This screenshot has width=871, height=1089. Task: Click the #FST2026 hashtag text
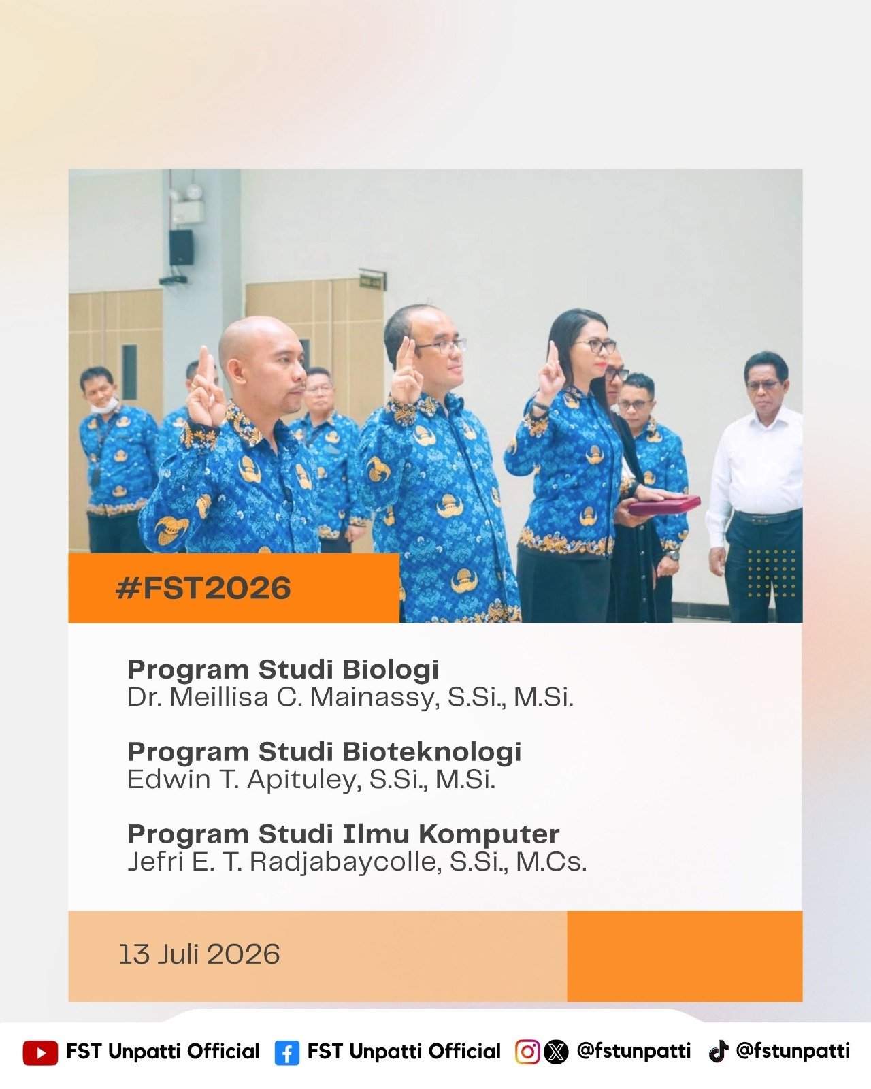(203, 587)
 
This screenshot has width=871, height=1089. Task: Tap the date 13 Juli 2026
(199, 954)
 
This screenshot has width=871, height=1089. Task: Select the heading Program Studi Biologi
(283, 670)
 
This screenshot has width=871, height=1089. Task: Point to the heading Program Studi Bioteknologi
(325, 752)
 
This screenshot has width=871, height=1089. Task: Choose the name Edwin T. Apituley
(244, 779)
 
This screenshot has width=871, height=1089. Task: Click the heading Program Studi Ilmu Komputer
(344, 834)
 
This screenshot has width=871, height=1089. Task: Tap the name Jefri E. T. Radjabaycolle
(282, 862)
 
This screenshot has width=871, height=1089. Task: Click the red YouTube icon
(40, 1052)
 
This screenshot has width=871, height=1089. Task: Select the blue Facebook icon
(287, 1053)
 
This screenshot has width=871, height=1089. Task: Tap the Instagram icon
(527, 1052)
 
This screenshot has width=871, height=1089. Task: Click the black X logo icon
(556, 1052)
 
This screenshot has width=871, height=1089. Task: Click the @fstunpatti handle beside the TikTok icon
(793, 1050)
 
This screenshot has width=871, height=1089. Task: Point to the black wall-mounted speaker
(181, 248)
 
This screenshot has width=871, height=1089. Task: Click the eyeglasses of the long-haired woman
(597, 346)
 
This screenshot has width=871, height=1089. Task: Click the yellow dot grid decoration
(771, 573)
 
